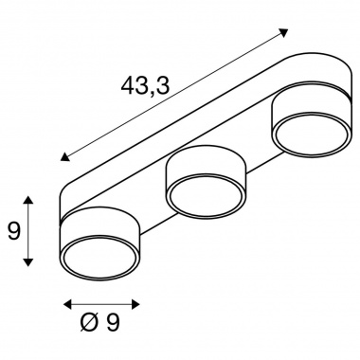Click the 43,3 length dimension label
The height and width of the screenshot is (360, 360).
click(145, 86)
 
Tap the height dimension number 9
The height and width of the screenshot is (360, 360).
click(13, 231)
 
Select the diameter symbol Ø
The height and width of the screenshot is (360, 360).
click(89, 323)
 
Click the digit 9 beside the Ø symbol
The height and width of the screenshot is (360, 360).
click(113, 322)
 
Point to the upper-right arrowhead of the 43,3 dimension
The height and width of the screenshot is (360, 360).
click(283, 32)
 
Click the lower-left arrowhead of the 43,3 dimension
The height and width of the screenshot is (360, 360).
click(65, 156)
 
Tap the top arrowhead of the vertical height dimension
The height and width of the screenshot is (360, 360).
click(28, 200)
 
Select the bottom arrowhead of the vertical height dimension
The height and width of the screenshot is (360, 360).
click(28, 262)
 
